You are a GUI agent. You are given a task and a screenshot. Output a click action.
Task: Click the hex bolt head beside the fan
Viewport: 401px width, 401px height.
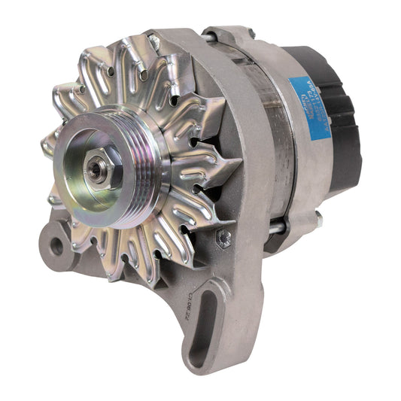pyautogui.click(x=223, y=239)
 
